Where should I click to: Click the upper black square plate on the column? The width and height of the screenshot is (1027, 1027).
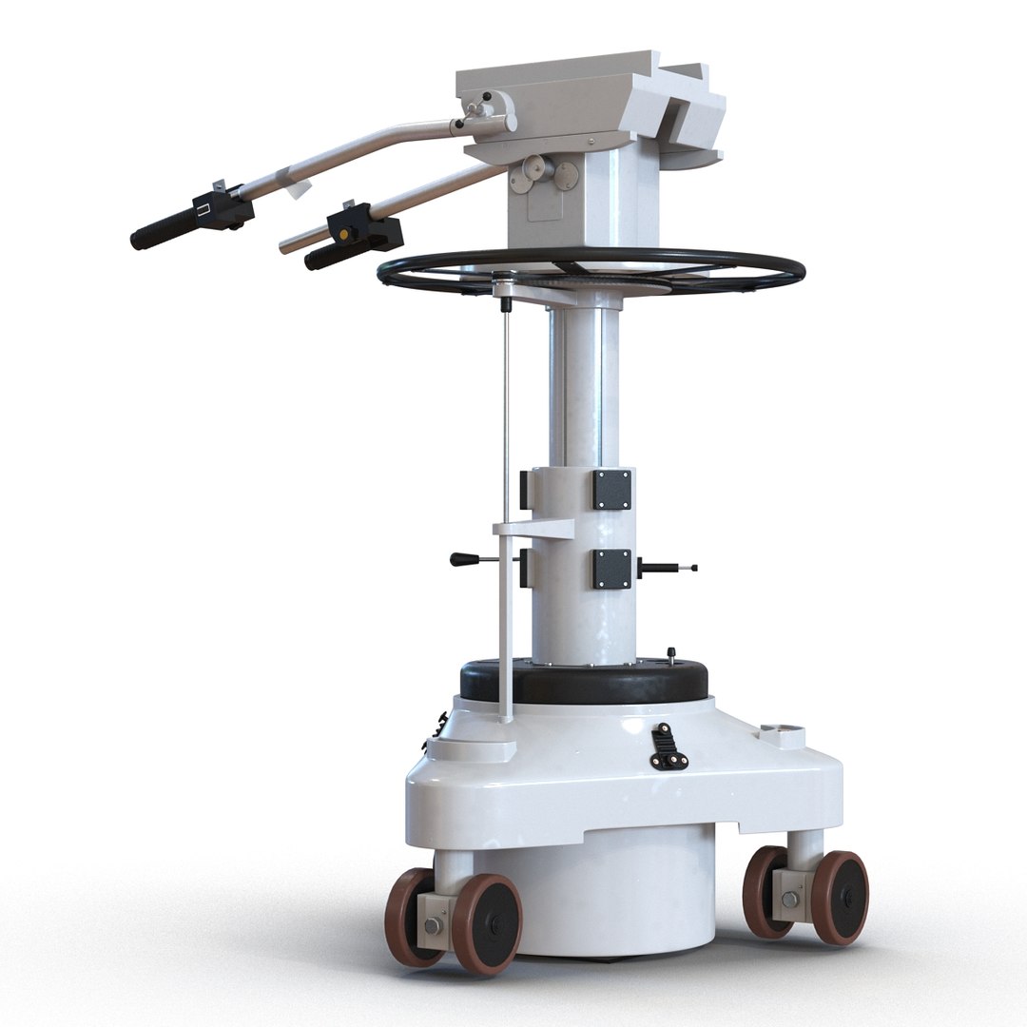point(611,489)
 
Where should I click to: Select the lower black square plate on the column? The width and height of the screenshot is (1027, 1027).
point(611,568)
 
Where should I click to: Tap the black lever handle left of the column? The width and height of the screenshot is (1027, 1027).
point(466,559)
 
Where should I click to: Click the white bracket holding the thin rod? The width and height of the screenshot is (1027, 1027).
point(533,530)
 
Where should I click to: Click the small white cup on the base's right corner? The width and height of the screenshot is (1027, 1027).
point(782,735)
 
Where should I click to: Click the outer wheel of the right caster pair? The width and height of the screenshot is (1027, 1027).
point(840,898)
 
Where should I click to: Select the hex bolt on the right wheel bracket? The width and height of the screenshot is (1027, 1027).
point(789,899)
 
